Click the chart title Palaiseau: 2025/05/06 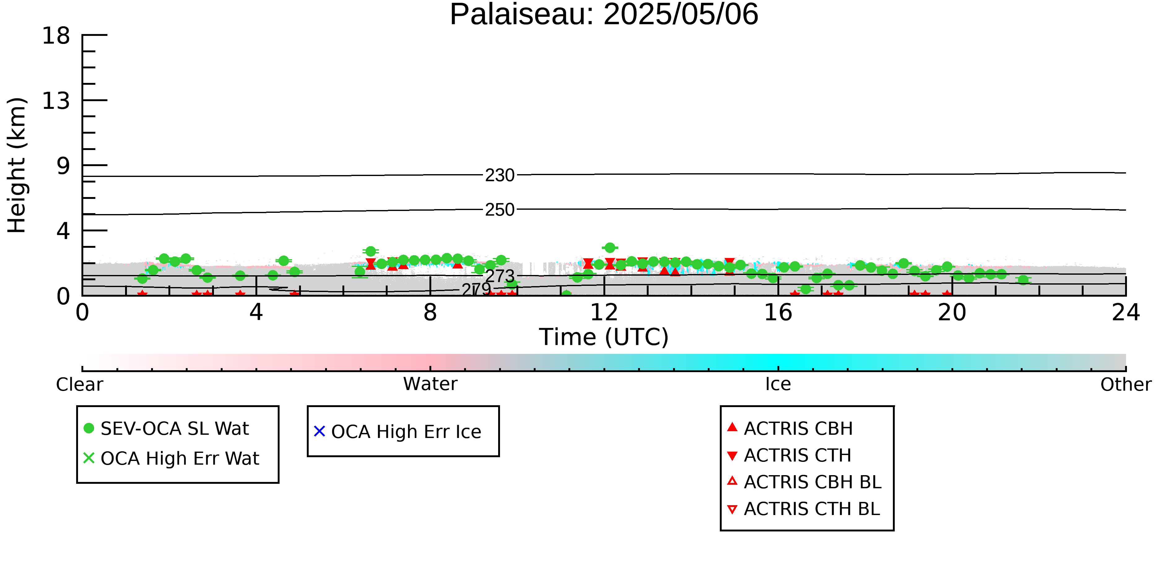604,15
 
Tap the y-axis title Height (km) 17,165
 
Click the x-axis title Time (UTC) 604,337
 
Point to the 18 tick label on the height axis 56,36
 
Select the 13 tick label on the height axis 56,101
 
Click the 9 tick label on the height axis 63,166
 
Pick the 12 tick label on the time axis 604,312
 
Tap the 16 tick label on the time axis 778,312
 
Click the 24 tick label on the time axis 1126,312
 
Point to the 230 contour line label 500,175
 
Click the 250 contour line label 500,210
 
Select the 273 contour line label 500,276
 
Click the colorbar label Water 430,384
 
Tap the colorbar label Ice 778,384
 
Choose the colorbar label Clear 79,385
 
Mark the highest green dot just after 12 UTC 610,248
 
